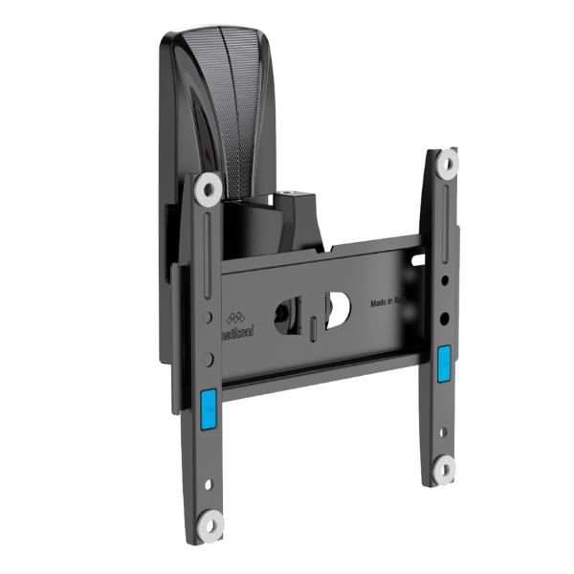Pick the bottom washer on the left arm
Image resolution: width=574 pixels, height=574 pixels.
(x=210, y=522)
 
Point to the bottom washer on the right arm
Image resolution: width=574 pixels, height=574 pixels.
(x=443, y=469)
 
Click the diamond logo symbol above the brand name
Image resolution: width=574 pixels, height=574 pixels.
(x=235, y=316)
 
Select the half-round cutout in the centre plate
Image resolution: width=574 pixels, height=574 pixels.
(x=337, y=309)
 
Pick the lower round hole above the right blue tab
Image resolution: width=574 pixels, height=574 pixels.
(x=443, y=318)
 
